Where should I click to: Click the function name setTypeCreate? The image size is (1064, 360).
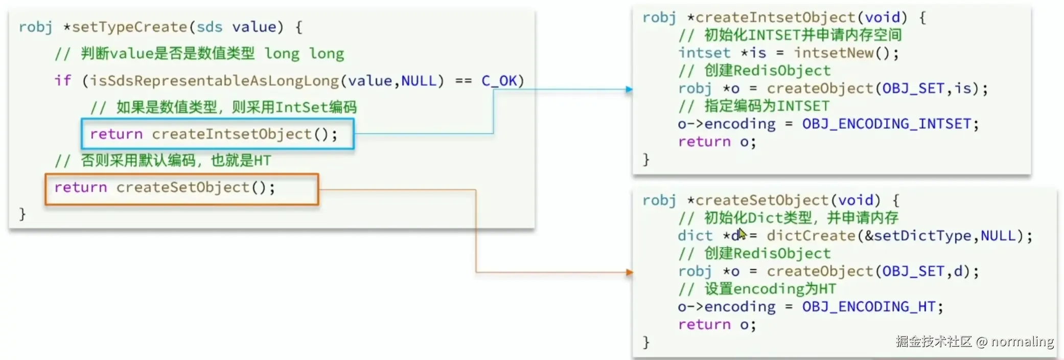pos(129,27)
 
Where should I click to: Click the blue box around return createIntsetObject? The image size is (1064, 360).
pos(217,134)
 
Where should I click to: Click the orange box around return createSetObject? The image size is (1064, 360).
pos(181,189)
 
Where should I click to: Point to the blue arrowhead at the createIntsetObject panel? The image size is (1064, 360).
pos(629,89)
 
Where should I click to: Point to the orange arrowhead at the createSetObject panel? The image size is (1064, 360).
pos(629,273)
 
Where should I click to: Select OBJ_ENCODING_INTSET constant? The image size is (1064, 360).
pos(886,124)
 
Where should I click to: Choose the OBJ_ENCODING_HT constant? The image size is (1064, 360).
pos(868,307)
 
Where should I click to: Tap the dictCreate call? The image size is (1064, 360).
pos(811,236)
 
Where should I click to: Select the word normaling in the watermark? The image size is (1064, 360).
pos(1022,342)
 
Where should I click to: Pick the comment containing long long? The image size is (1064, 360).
pos(199,54)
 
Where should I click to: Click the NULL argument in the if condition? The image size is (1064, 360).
pos(419,81)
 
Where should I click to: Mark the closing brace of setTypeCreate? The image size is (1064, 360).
pos(22,214)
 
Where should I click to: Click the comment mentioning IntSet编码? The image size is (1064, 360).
pos(223,107)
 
